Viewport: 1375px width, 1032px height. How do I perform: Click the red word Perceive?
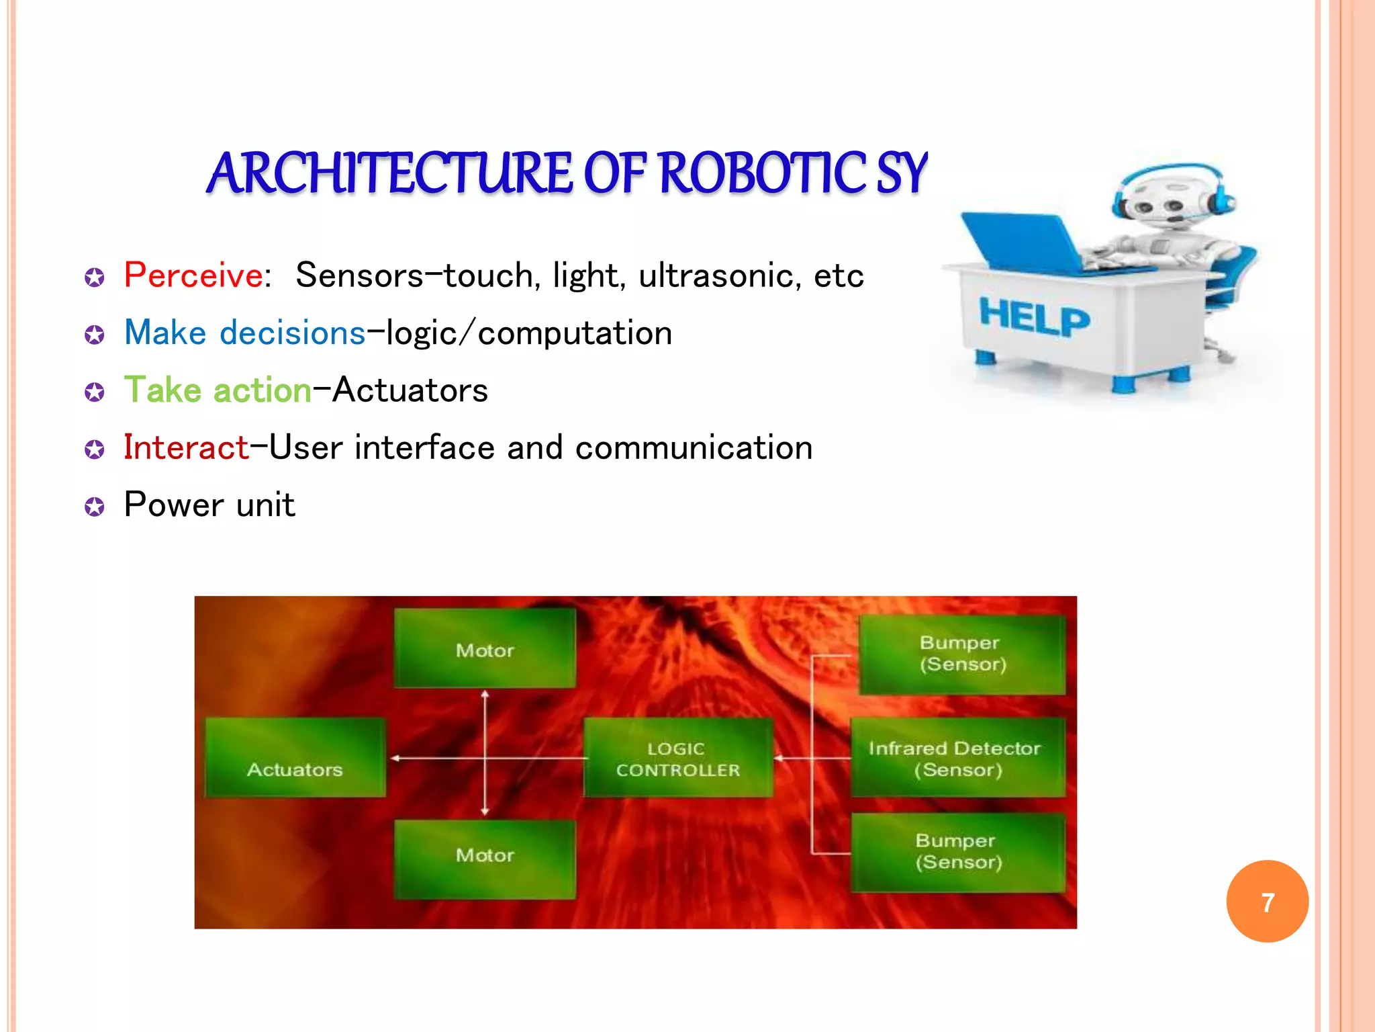pos(193,275)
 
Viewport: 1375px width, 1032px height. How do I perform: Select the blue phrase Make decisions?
pos(244,333)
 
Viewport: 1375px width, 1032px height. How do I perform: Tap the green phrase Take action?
pos(218,390)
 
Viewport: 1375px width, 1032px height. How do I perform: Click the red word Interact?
pos(186,447)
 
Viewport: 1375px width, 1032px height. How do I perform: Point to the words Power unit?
pos(209,505)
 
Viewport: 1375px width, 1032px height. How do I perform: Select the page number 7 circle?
pos(1267,902)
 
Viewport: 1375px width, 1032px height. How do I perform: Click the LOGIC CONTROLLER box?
pos(678,758)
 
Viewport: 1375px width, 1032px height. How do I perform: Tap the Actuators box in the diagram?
pos(295,758)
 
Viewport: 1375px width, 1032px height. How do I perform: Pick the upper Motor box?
pos(485,649)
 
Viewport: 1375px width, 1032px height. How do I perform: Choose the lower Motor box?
pos(485,859)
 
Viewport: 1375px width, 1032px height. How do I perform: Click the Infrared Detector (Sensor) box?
pos(957,758)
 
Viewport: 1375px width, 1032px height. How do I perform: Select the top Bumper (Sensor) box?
pos(962,654)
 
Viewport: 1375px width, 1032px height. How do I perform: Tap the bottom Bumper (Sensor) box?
pos(958,852)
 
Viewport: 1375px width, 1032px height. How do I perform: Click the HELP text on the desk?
pos(1034,318)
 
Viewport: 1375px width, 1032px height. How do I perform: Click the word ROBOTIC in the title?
pos(762,173)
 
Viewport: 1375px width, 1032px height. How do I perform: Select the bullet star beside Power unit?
pos(95,507)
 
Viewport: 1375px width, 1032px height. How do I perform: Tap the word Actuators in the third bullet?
pos(410,390)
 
